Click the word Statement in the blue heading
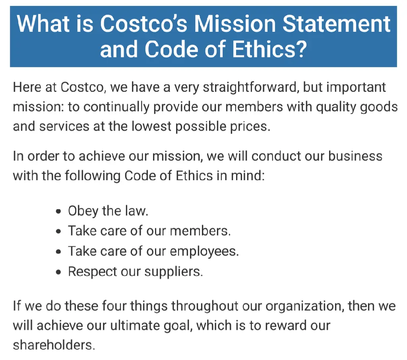point(336,23)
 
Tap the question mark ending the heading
point(301,49)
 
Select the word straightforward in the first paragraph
point(250,87)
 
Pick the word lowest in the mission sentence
point(151,126)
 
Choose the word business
point(355,156)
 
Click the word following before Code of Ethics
point(92,176)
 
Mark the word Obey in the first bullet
point(83,211)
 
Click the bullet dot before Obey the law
point(59,212)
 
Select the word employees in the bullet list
point(204,251)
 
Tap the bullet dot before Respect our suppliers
point(59,272)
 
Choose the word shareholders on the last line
point(54,345)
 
